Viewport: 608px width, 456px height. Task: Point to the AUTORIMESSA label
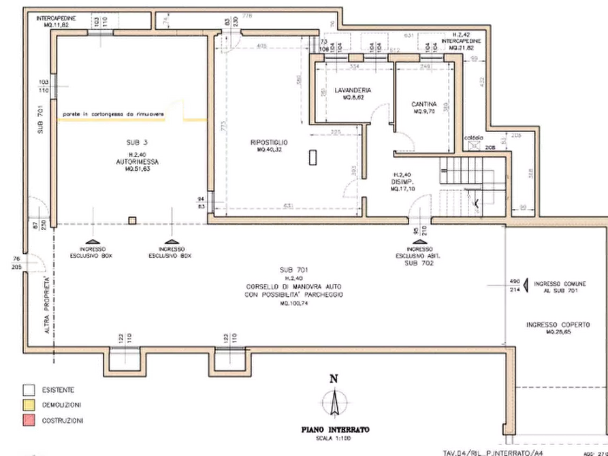point(138,161)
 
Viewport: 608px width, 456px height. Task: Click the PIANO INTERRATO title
point(334,431)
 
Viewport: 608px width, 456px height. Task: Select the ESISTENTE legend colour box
point(28,390)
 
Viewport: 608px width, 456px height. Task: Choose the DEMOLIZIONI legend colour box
point(28,405)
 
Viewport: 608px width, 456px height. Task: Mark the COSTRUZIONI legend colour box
point(28,421)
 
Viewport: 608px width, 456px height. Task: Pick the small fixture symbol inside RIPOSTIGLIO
point(313,156)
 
